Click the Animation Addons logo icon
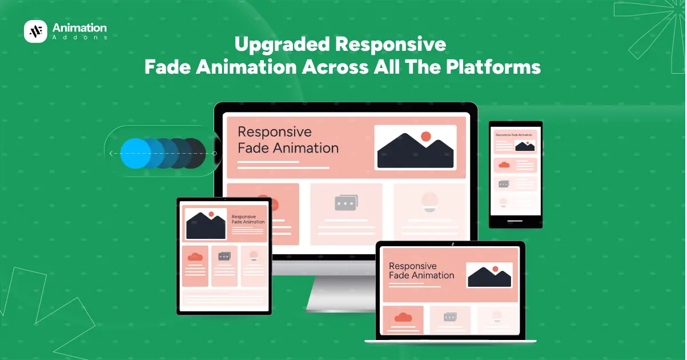pos(35,31)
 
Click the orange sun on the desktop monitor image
pos(425,137)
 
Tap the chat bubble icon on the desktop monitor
pos(345,203)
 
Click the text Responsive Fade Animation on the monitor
pos(288,140)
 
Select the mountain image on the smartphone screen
pos(524,146)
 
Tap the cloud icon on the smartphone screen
pos(503,165)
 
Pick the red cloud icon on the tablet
pos(195,257)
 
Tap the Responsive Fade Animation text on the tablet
pos(248,219)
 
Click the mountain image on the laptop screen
pos(489,275)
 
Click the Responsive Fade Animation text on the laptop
pos(421,271)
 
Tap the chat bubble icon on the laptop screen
pos(450,317)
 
